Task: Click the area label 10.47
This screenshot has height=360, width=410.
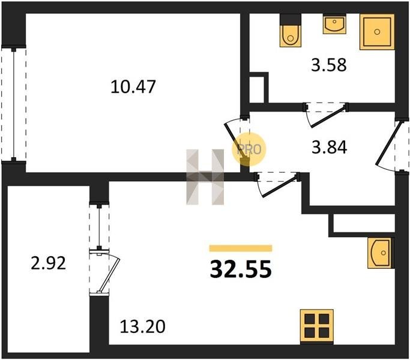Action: [133, 87]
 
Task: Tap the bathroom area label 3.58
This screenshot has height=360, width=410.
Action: [329, 65]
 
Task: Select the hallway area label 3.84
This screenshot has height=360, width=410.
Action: [330, 147]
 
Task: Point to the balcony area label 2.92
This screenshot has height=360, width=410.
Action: [49, 263]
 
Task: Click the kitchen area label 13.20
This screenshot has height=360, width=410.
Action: [142, 326]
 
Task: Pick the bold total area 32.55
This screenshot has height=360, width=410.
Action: [241, 269]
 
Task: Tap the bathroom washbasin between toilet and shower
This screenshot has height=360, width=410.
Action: [334, 24]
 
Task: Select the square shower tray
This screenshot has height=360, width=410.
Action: [377, 32]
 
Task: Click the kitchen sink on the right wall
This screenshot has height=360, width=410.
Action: [381, 253]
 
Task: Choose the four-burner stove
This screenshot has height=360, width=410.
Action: [316, 326]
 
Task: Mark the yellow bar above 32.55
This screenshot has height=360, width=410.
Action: [241, 248]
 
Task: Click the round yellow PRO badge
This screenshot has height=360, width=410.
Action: [249, 149]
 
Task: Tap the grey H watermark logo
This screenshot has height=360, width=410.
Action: [205, 177]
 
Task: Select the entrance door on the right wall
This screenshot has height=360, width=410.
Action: [388, 143]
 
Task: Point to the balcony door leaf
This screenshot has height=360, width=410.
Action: [108, 275]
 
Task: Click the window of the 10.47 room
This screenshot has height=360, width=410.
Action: [14, 104]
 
